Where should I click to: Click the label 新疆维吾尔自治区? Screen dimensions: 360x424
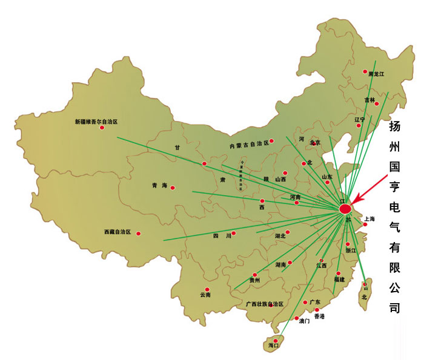coord(96,122)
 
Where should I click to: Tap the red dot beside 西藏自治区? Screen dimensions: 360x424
coord(138,233)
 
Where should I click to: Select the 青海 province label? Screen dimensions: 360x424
coord(159,186)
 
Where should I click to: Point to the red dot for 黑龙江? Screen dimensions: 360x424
coord(365,71)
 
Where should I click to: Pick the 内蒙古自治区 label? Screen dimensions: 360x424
coord(248,145)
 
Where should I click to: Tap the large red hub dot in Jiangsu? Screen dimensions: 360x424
coord(345,209)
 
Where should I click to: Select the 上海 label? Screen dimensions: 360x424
coord(369,218)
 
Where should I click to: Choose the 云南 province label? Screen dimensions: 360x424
coord(205,295)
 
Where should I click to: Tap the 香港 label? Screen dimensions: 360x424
coord(319,316)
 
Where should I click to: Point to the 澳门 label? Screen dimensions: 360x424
coord(304,321)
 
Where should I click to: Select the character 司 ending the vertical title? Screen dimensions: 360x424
coord(395,307)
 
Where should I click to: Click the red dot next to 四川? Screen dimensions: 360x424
coord(234,233)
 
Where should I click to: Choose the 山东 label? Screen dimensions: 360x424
coord(327,177)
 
